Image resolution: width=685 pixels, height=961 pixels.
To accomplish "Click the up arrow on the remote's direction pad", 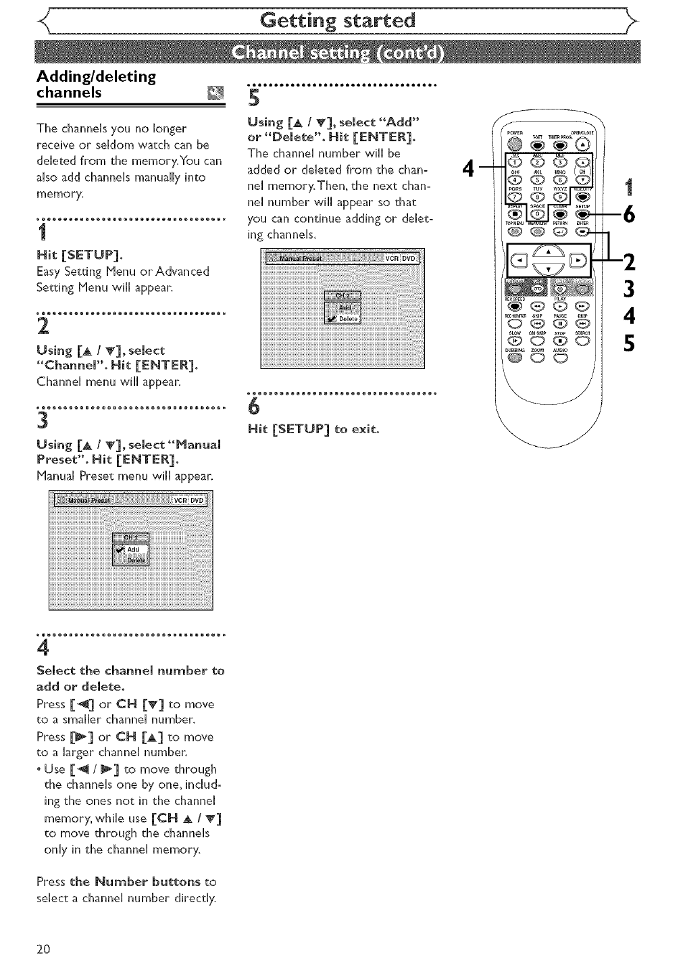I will (549, 252).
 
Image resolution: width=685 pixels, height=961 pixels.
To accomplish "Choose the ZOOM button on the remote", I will (538, 358).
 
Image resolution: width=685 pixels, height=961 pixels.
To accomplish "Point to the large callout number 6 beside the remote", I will (629, 215).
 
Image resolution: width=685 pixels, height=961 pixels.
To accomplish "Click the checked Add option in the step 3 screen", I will (132, 550).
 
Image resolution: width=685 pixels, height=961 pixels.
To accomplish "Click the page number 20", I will (43, 948).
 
